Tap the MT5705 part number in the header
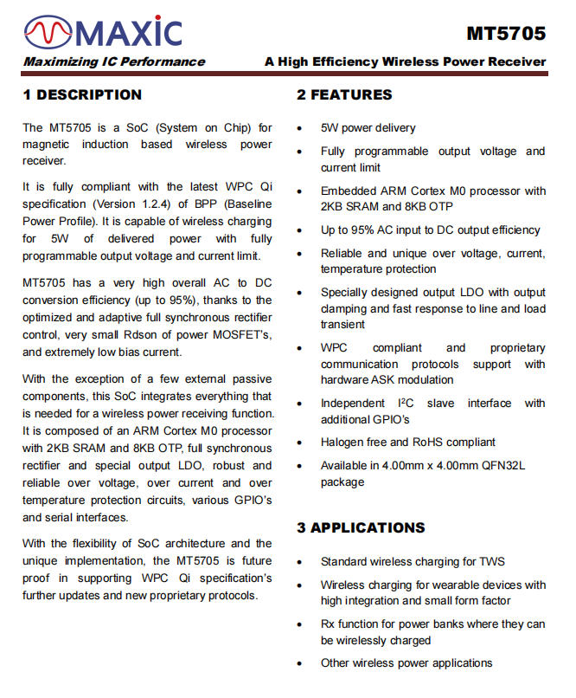(x=506, y=34)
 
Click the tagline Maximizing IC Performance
(x=114, y=61)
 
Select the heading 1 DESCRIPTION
(x=82, y=94)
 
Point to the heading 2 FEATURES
(x=344, y=94)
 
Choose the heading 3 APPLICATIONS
(x=361, y=527)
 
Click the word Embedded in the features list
(x=349, y=191)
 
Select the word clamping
(x=344, y=308)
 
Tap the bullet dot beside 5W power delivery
(x=299, y=128)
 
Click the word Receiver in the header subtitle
(x=515, y=61)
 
